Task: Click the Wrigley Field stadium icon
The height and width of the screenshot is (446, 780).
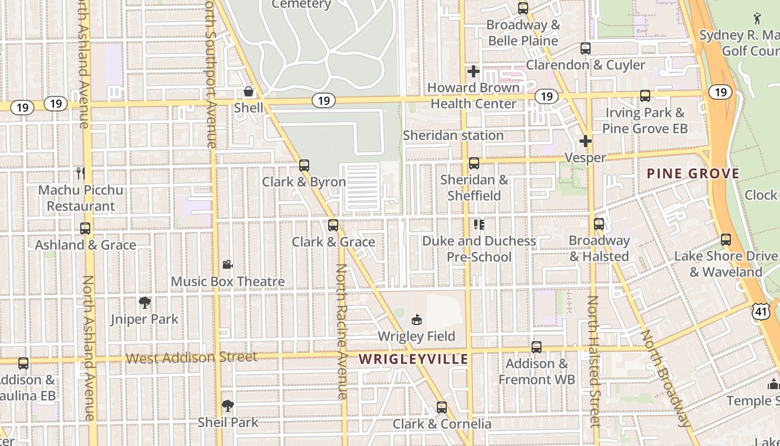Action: (x=416, y=319)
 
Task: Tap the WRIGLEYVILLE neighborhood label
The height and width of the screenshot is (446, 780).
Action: (x=413, y=359)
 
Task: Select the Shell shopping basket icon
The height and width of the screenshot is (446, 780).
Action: (x=248, y=91)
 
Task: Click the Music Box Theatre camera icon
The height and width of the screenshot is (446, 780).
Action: (x=227, y=264)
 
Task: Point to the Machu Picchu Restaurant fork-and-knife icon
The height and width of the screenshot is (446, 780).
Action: (x=81, y=173)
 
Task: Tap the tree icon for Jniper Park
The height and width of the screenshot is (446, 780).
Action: (x=145, y=303)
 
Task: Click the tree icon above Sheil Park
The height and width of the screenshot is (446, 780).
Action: (x=227, y=405)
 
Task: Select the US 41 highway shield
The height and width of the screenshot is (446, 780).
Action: (x=760, y=311)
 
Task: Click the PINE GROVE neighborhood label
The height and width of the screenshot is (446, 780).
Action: (x=693, y=173)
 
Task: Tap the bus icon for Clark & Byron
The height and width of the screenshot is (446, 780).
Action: (x=304, y=166)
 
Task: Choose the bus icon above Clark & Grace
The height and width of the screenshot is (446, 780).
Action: (x=333, y=225)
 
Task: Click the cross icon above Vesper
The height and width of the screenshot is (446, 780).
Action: (x=585, y=141)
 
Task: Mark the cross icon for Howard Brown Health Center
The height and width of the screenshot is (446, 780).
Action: (x=474, y=71)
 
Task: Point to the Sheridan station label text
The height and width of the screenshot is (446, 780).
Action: (x=453, y=135)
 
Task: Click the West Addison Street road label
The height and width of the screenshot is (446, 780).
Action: (x=192, y=357)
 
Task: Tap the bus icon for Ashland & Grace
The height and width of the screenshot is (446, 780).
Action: (x=85, y=229)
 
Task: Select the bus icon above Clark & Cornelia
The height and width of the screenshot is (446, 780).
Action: (x=442, y=408)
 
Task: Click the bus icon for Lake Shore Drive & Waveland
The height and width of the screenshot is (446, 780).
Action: (x=725, y=240)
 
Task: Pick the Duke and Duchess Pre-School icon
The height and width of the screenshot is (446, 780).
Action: (x=479, y=225)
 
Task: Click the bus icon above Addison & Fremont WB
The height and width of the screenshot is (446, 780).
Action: (x=537, y=347)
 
